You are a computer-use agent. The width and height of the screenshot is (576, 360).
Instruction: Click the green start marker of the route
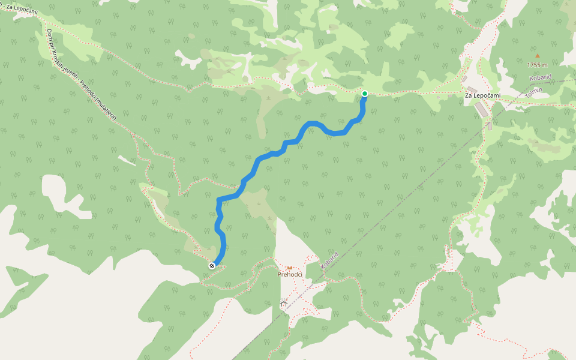[x=364, y=94]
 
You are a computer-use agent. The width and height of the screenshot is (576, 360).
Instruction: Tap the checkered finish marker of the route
[x=212, y=265]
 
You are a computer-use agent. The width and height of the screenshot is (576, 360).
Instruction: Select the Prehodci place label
[x=289, y=274]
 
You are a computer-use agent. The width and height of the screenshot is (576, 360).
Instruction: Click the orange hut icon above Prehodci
[x=289, y=267]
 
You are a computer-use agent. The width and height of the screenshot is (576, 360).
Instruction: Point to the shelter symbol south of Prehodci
[x=283, y=304]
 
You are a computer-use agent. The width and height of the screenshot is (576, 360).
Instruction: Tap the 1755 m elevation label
[x=538, y=65]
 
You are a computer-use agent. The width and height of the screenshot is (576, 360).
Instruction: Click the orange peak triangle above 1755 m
[x=538, y=56]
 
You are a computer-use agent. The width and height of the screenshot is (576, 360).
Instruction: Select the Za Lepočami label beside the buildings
[x=482, y=95]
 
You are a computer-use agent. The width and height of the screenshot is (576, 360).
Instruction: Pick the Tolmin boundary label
[x=533, y=94]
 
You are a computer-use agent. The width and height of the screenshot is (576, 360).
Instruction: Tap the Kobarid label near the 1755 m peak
[x=541, y=78]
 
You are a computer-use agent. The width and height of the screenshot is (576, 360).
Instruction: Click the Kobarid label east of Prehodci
[x=329, y=262]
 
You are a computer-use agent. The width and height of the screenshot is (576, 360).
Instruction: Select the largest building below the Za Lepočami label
[x=481, y=110]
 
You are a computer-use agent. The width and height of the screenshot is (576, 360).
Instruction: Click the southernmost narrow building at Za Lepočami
[x=490, y=126]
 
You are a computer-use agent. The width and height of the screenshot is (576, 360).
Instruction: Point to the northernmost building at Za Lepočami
[x=464, y=79]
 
